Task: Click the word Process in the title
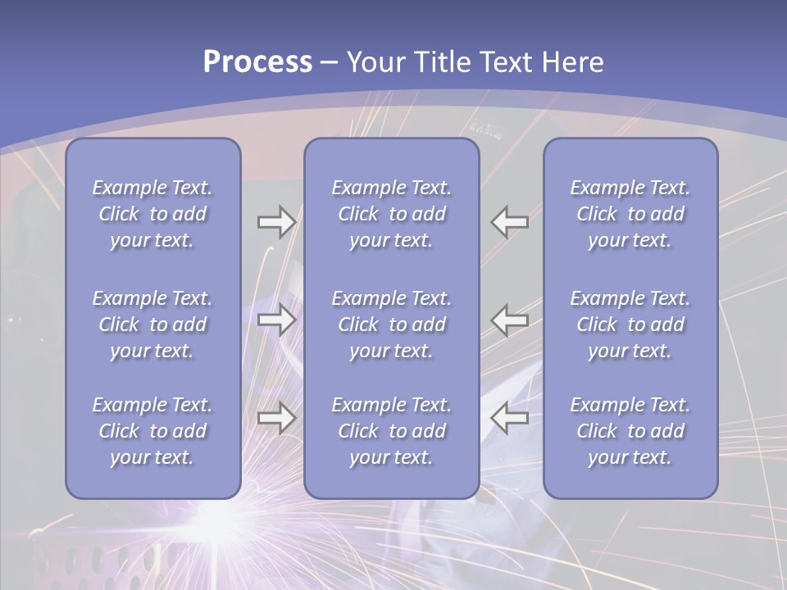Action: pyautogui.click(x=257, y=62)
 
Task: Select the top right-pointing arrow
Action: pyautogui.click(x=276, y=221)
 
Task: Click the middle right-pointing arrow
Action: pyautogui.click(x=276, y=320)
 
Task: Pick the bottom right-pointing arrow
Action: pyautogui.click(x=276, y=418)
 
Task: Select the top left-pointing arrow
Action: pyautogui.click(x=510, y=221)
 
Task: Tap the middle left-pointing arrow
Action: pyautogui.click(x=510, y=320)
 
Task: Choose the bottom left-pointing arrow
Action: pyautogui.click(x=510, y=418)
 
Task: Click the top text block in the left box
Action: pyautogui.click(x=152, y=214)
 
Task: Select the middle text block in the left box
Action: pyautogui.click(x=152, y=324)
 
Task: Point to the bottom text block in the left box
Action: pyautogui.click(x=152, y=431)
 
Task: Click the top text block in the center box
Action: pyautogui.click(x=391, y=214)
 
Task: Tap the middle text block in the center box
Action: pyautogui.click(x=391, y=324)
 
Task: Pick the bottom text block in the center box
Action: pyautogui.click(x=391, y=431)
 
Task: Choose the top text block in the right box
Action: pyautogui.click(x=630, y=214)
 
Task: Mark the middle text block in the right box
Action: pyautogui.click(x=630, y=324)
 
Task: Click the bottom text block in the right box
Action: pyautogui.click(x=630, y=431)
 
